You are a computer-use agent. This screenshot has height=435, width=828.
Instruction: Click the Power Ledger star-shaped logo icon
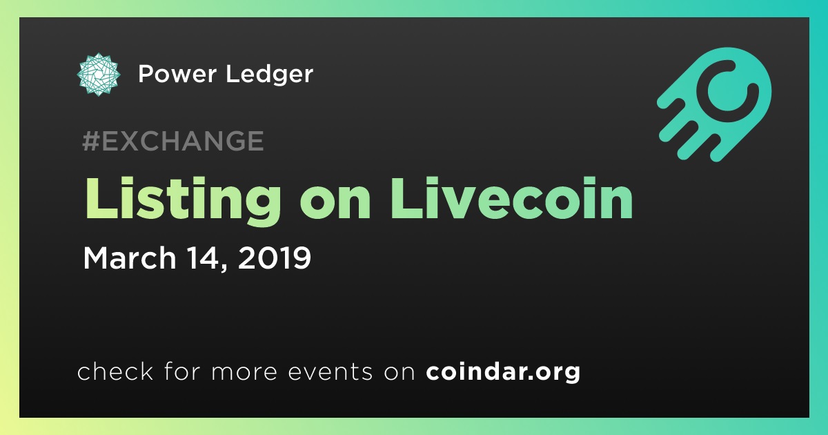pos(98,75)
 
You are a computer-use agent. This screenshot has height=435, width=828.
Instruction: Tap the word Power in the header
pos(177,74)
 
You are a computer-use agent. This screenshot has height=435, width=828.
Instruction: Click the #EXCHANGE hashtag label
pos(173,141)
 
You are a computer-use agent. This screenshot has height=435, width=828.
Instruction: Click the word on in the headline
pos(335,204)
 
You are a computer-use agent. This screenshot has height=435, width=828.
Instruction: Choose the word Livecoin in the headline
pos(511,199)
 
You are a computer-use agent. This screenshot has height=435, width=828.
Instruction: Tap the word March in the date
pos(130,258)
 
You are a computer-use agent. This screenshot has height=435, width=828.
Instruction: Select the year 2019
pos(275,258)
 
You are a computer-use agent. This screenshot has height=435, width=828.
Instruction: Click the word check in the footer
pos(115,371)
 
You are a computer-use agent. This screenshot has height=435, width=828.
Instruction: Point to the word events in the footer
pos(330,371)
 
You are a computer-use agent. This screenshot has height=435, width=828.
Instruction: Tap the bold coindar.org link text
pos(503,372)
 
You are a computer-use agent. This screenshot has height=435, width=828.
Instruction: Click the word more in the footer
pos(244,372)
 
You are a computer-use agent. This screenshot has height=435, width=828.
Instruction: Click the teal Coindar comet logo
pos(715,105)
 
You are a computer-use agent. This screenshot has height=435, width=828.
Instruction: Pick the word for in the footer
pos(182,371)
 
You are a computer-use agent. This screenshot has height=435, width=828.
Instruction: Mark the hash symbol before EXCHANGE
pos(91,141)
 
